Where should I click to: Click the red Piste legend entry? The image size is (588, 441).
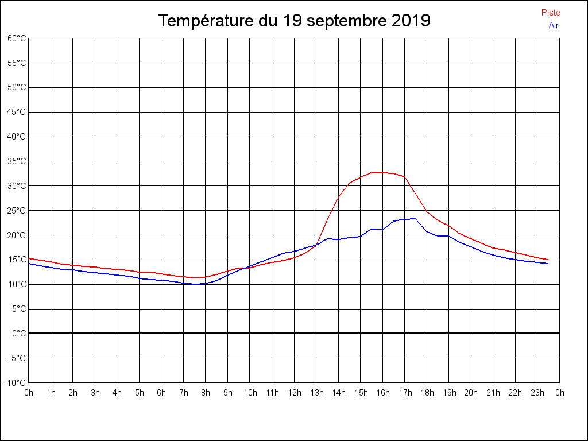point(550,13)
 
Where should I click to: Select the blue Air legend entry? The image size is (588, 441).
point(554,25)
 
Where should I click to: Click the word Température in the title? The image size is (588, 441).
point(207,21)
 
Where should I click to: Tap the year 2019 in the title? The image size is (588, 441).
point(411,21)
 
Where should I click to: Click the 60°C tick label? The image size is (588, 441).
point(17,38)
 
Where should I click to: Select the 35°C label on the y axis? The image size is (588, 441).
point(17,161)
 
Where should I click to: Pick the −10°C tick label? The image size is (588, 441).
point(16,383)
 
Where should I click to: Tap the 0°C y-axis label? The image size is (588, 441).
point(19,334)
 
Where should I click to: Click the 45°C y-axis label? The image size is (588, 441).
point(17,112)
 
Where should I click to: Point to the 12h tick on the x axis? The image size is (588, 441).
point(294,393)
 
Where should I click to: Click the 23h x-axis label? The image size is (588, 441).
point(537,393)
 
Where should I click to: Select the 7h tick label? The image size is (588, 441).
point(184,393)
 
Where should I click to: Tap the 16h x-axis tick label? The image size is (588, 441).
point(382,393)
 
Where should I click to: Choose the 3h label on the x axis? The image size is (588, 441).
point(95,393)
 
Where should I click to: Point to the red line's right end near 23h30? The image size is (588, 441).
point(548,260)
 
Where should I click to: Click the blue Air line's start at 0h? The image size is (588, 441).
point(29,263)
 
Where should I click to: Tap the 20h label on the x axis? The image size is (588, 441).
point(471,393)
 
